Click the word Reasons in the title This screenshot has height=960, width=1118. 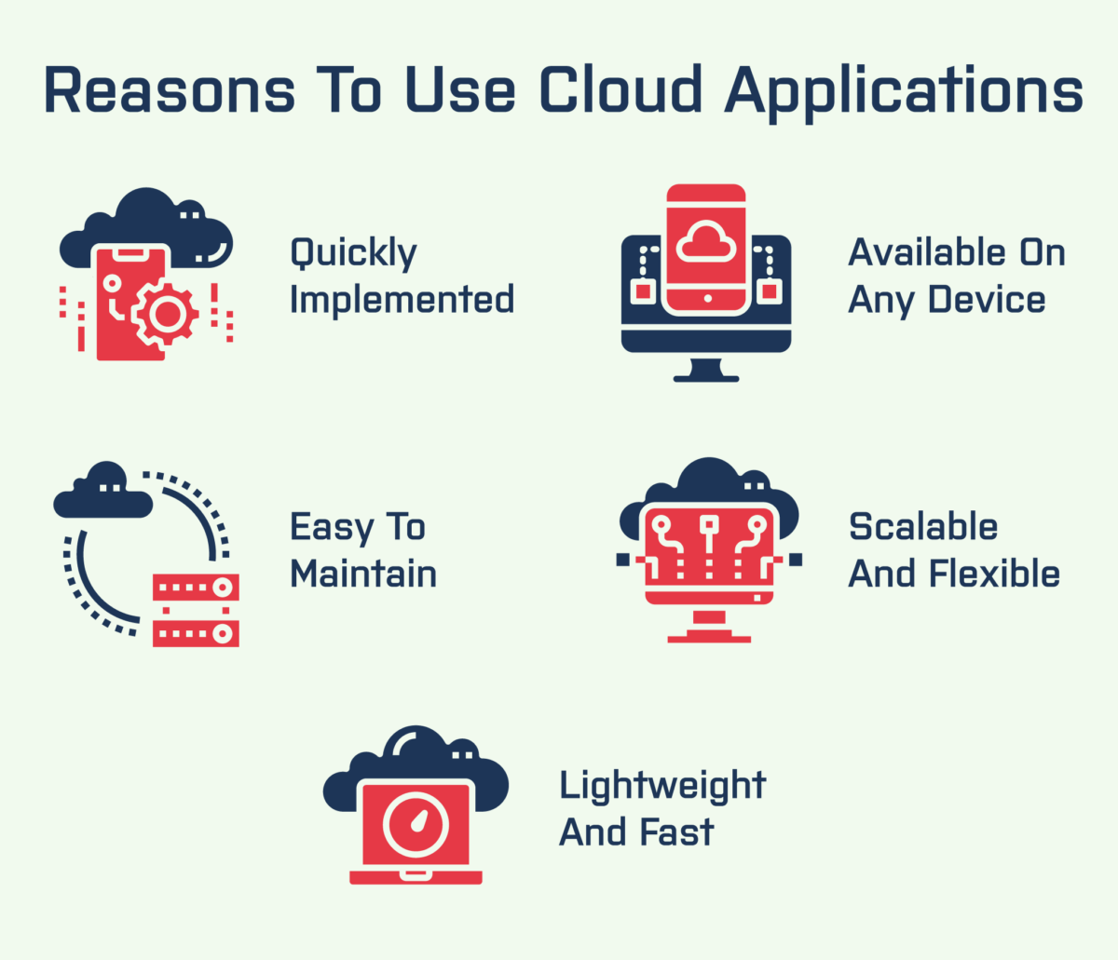[x=169, y=91]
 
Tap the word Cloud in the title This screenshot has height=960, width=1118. [x=620, y=91]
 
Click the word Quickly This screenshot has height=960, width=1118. [x=353, y=254]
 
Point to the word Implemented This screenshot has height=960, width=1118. [x=402, y=300]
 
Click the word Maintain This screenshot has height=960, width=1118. [x=363, y=574]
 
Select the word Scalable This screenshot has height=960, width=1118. [x=923, y=527]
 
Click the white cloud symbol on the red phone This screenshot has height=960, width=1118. [x=705, y=242]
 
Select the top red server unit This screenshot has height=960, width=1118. [x=196, y=588]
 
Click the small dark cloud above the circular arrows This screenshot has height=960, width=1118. [x=102, y=494]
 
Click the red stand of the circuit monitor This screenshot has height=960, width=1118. [x=709, y=629]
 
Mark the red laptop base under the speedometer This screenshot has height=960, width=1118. [x=416, y=877]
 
